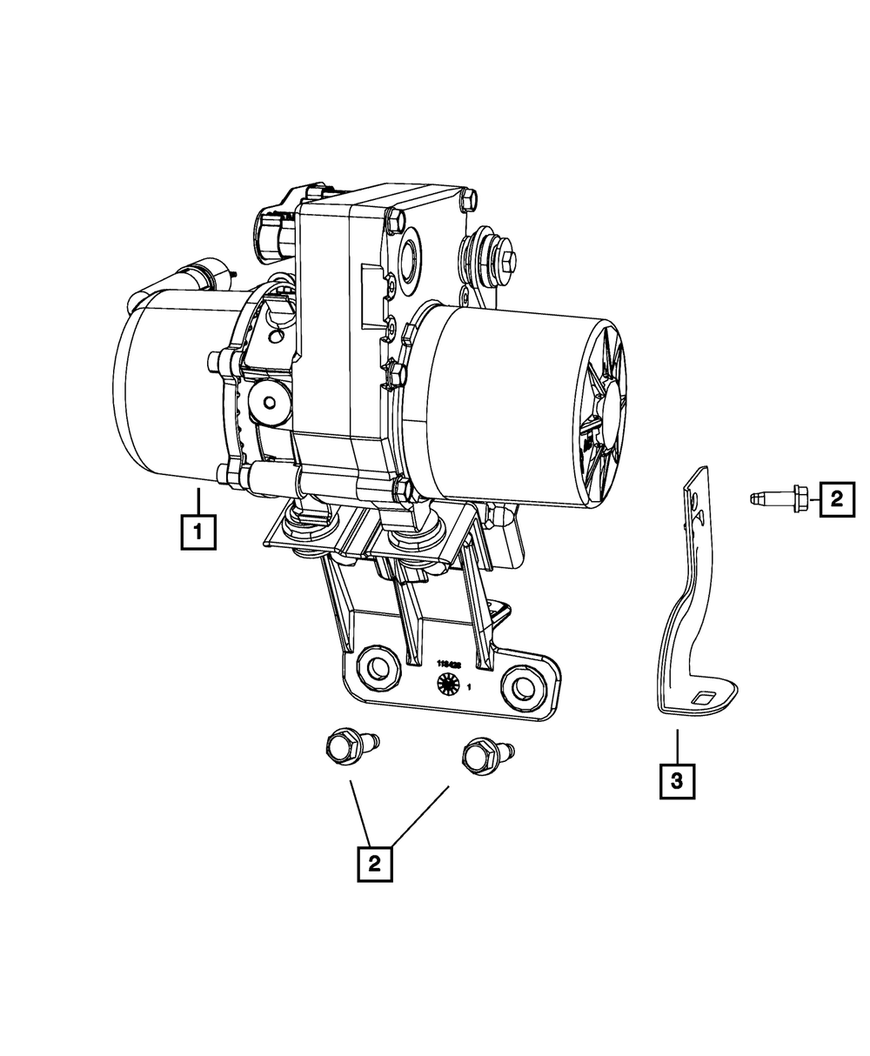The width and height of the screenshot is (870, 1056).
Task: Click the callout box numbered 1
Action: tap(198, 531)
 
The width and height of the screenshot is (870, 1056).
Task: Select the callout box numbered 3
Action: tap(678, 780)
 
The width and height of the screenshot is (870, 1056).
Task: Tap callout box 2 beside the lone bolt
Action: tap(836, 498)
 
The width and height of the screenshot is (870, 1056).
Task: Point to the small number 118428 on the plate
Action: tap(448, 663)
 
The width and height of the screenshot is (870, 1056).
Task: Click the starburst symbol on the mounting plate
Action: tap(446, 685)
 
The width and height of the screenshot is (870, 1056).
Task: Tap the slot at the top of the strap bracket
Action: tap(695, 503)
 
